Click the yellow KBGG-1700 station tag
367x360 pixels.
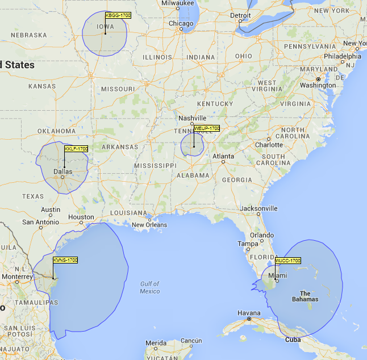pyautogui.click(x=118, y=15)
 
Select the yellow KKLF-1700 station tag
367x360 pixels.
pyautogui.click(x=76, y=149)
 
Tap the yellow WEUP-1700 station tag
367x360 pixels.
pyautogui.click(x=206, y=129)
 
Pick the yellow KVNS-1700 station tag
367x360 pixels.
pyautogui.click(x=65, y=260)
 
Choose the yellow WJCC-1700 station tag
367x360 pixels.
pyautogui.click(x=288, y=261)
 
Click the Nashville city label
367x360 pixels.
pyautogui.click(x=192, y=118)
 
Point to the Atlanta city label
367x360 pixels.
pyautogui.click(x=223, y=156)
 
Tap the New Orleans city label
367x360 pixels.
pyautogui.click(x=149, y=225)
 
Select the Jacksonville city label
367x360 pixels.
pyautogui.click(x=258, y=208)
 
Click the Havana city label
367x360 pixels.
pyautogui.click(x=249, y=313)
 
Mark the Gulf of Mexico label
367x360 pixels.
pyautogui.click(x=149, y=287)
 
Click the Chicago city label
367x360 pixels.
pyautogui.click(x=181, y=23)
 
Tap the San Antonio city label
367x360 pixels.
pyautogui.click(x=40, y=221)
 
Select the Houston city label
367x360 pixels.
pyautogui.click(x=81, y=217)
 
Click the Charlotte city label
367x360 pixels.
pyautogui.click(x=269, y=144)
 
